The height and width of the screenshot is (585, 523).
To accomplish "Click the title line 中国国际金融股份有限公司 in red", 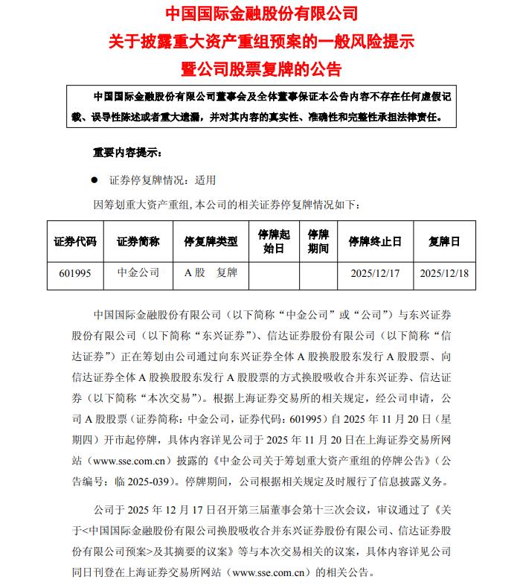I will pos(261,13).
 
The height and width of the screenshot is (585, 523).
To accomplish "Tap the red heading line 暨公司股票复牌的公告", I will pos(261,69).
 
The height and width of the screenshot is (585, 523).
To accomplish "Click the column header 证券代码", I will pos(75,241).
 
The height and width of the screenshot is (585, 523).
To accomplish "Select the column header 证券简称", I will pos(138,241).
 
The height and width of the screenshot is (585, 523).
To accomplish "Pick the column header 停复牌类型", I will pos(211,241).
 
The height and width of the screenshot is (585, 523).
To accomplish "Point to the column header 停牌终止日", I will pos(375,241).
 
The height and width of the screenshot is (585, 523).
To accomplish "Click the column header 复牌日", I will pos(444,241).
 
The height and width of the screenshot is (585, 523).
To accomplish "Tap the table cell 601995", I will pos(75,273).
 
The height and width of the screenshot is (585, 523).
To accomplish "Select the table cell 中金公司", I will pos(138,273).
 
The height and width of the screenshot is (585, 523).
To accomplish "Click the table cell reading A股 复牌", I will pos(211,273).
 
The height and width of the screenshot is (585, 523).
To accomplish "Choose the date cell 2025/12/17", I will pos(375,273).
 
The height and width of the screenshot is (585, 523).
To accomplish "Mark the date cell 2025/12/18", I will pos(444,273).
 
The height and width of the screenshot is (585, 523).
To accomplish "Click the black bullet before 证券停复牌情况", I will pos(94,179).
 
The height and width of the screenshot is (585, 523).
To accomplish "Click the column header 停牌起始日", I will pos(273,241).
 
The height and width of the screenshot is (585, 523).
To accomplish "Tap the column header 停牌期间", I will pos(318,241).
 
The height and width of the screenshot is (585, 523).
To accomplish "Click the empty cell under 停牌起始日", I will pos(273,273).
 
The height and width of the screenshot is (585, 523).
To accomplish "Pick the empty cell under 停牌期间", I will pos(318,273).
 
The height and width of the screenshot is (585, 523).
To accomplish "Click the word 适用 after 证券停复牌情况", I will pos(205,179).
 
